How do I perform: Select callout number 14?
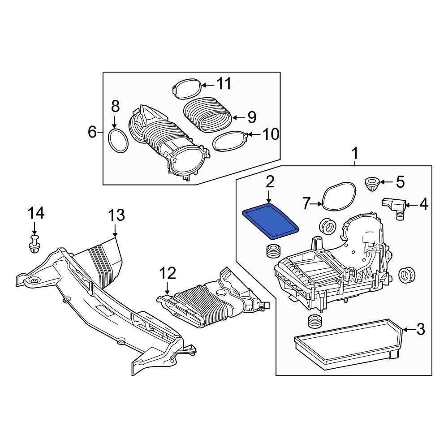(36, 213)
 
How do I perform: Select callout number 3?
(420, 330)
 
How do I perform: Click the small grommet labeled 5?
(371, 183)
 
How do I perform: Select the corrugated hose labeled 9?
(208, 114)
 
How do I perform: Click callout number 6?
(92, 132)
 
